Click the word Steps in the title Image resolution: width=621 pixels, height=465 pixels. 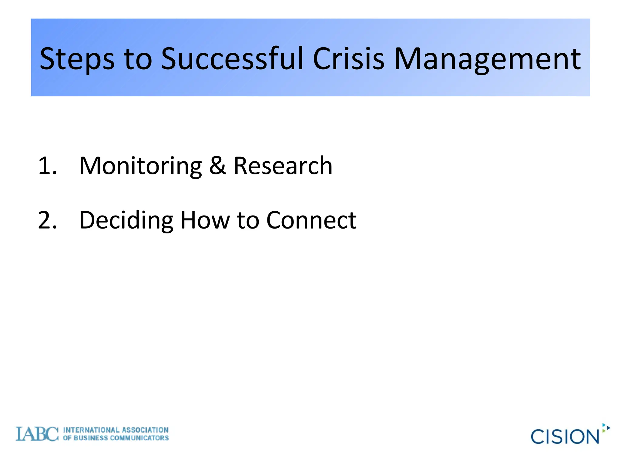pyautogui.click(x=77, y=59)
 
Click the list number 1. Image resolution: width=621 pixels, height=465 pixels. pyautogui.click(x=47, y=166)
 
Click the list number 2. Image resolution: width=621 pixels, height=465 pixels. pyautogui.click(x=47, y=220)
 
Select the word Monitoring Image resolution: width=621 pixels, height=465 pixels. pyautogui.click(x=140, y=166)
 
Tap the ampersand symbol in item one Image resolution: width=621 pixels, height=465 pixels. pyautogui.click(x=217, y=166)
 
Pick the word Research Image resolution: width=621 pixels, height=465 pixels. pyautogui.click(x=283, y=166)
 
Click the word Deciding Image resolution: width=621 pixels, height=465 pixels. pyautogui.click(x=126, y=220)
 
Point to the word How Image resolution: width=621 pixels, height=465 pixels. pyautogui.click(x=205, y=220)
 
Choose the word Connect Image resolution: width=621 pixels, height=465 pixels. pyautogui.click(x=311, y=220)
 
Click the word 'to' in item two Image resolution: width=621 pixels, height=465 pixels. pyautogui.click(x=248, y=220)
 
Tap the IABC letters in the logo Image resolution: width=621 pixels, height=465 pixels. pyautogui.click(x=37, y=434)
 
